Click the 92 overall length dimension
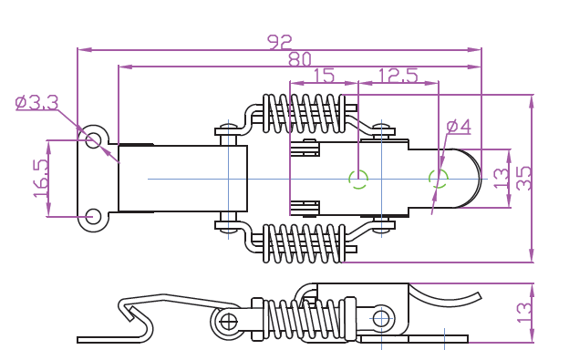click(279, 42)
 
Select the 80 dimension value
click(300, 59)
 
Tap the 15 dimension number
click(324, 76)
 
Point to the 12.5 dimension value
click(398, 76)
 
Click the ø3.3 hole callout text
click(37, 103)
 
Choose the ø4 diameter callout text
click(459, 127)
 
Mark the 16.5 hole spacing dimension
click(41, 179)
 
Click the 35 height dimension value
click(523, 179)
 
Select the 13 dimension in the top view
click(502, 178)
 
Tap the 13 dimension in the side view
click(523, 313)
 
